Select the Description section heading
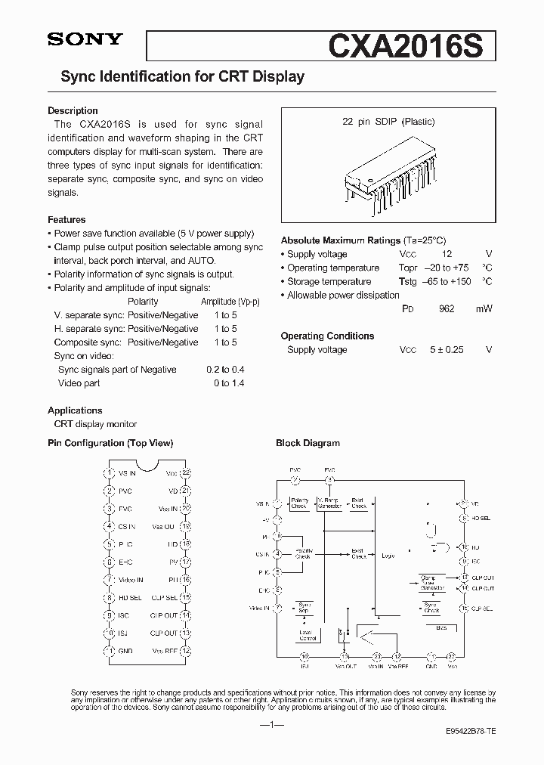(73, 110)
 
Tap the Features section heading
(66, 220)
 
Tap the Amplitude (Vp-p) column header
(230, 302)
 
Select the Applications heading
(75, 410)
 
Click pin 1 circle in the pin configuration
(110, 473)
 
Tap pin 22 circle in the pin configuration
(186, 473)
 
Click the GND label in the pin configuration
(127, 651)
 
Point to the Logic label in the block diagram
(388, 556)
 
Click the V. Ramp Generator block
(329, 503)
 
